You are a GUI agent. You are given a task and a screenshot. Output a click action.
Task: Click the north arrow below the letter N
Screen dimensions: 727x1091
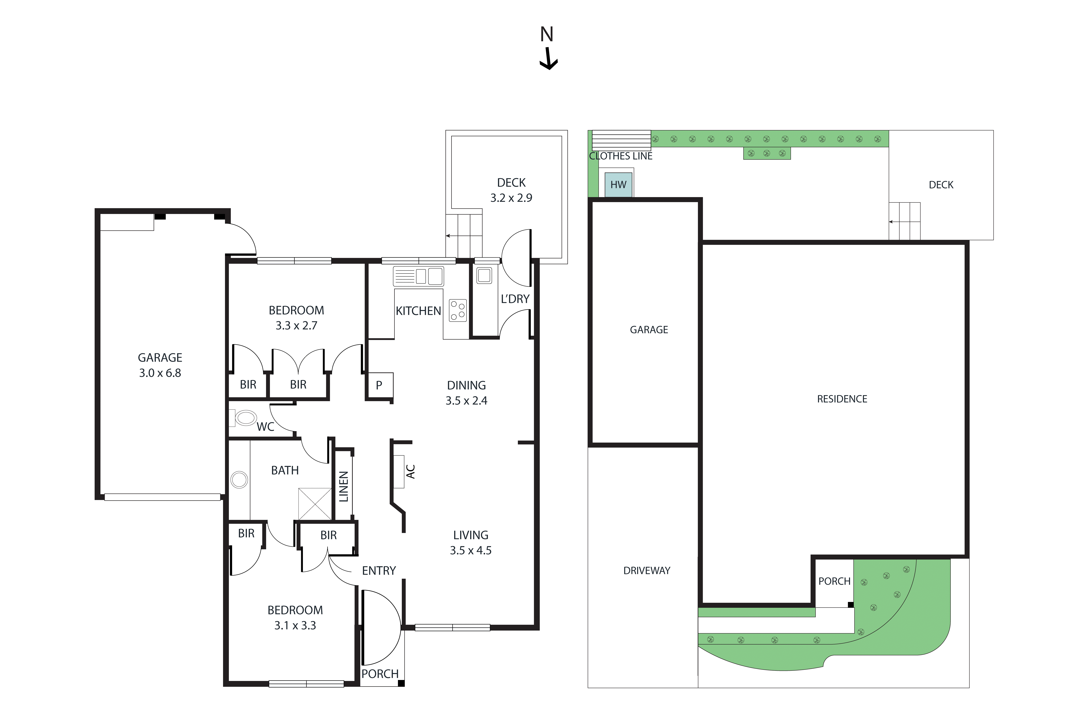pyautogui.click(x=548, y=60)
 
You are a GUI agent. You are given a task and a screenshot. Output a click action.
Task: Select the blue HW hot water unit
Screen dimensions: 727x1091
pyautogui.click(x=618, y=184)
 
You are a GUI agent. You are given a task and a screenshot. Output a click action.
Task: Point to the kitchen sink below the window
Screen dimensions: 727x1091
pyautogui.click(x=418, y=276)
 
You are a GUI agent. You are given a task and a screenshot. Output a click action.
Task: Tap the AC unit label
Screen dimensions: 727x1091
pyautogui.click(x=410, y=472)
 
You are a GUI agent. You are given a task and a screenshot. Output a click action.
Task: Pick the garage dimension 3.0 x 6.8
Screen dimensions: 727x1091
pyautogui.click(x=160, y=373)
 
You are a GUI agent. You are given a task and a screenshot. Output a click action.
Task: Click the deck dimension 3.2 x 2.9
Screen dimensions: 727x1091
pyautogui.click(x=511, y=198)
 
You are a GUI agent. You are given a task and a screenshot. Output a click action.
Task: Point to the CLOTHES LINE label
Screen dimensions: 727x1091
pyautogui.click(x=621, y=156)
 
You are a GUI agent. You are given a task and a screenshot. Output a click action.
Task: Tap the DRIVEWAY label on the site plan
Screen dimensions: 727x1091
pyautogui.click(x=647, y=571)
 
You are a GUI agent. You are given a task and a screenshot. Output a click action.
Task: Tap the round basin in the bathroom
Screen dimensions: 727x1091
pyautogui.click(x=239, y=479)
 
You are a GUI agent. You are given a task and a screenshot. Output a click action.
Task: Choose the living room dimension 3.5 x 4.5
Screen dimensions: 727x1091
pyautogui.click(x=470, y=550)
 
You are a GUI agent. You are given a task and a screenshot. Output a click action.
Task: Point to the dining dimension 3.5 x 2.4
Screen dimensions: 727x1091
pyautogui.click(x=466, y=401)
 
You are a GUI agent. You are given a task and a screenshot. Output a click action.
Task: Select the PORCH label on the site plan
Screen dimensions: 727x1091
pyautogui.click(x=834, y=581)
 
